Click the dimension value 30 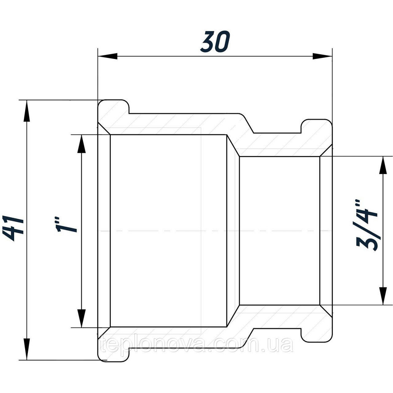[215, 42]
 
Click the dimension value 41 [13, 228]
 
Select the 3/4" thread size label [366, 224]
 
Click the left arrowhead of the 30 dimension [108, 56]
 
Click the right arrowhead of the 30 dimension [322, 56]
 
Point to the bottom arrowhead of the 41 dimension [26, 350]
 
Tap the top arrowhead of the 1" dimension [81, 144]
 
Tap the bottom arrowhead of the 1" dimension [81, 318]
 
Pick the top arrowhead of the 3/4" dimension [383, 166]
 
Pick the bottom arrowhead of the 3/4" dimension [383, 296]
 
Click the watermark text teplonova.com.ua [196, 345]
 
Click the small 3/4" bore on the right [279, 231]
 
